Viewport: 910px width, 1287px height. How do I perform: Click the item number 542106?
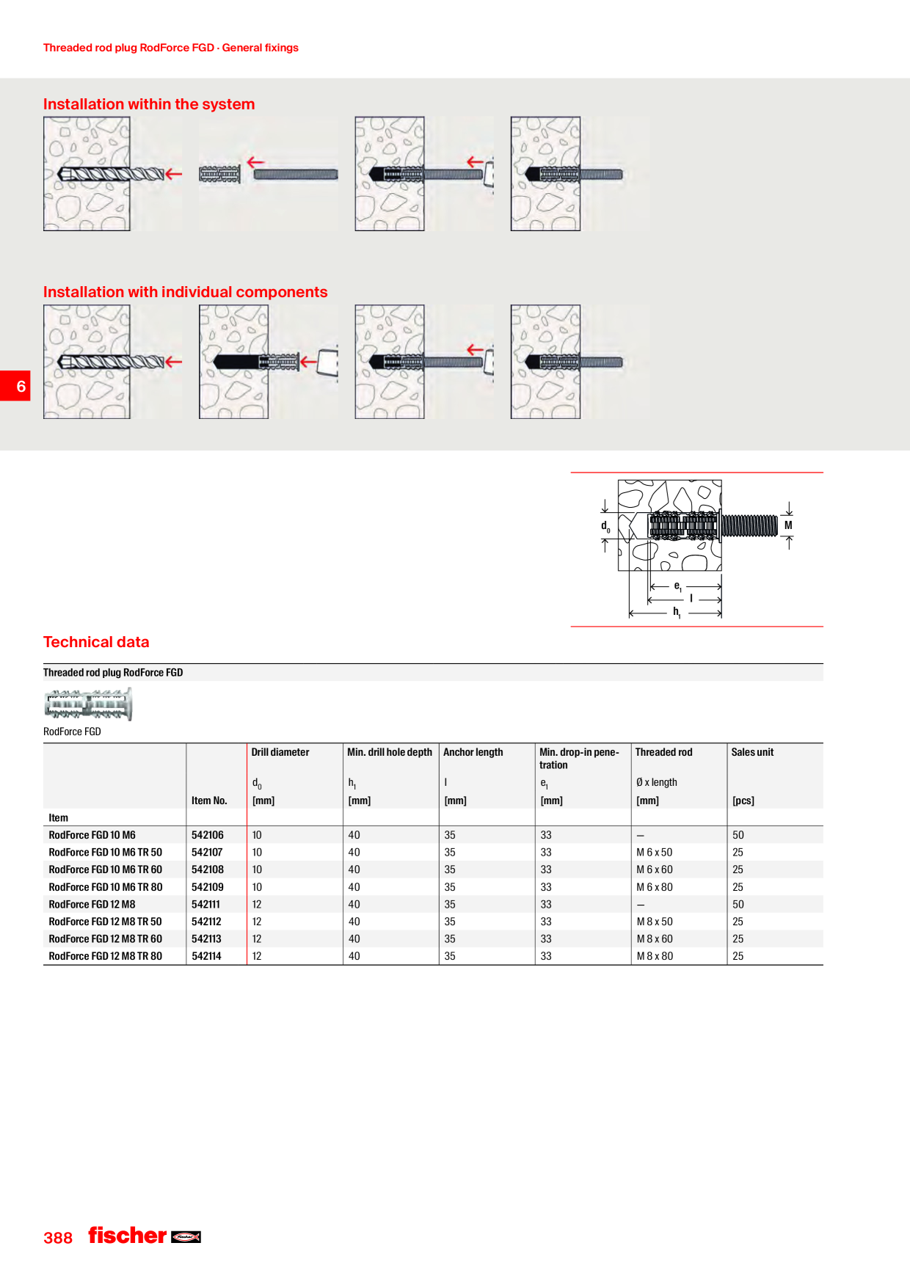208,835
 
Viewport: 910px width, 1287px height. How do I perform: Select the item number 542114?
206,956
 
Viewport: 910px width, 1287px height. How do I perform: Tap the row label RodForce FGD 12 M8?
92,905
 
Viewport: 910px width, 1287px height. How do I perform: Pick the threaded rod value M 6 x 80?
655,887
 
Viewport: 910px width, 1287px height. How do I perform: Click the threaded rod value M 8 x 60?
655,939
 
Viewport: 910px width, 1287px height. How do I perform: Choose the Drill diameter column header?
280,752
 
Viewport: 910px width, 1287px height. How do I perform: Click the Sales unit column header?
752,752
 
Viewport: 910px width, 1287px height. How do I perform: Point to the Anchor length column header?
473,752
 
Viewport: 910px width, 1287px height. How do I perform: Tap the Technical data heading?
96,642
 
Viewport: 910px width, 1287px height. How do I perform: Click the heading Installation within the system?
149,104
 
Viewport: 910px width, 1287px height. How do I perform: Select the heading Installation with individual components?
186,292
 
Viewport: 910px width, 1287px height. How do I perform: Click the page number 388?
58,1238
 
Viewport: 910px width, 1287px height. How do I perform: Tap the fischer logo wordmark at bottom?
128,1236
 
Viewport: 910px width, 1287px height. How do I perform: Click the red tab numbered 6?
15,386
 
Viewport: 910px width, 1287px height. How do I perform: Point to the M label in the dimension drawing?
788,525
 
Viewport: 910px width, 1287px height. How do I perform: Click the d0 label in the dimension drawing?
605,526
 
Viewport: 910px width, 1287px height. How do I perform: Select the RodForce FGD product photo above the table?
88,704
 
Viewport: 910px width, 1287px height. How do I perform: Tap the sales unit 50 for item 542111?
738,905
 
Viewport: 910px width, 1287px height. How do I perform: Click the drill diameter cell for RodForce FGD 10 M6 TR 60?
257,869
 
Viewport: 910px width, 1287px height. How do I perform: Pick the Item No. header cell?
209,801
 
